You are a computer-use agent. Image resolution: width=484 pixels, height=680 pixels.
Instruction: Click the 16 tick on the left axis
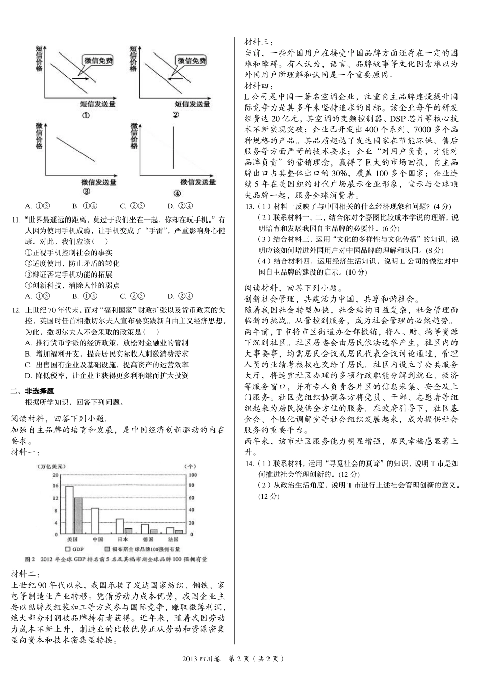pyautogui.click(x=55, y=486)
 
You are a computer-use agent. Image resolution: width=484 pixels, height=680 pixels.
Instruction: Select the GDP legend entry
pyautogui.click(x=74, y=549)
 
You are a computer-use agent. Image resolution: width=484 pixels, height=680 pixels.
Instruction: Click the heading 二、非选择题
pyautogui.click(x=32, y=391)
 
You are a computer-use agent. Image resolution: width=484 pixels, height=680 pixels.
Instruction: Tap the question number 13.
pyautogui.click(x=249, y=206)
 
